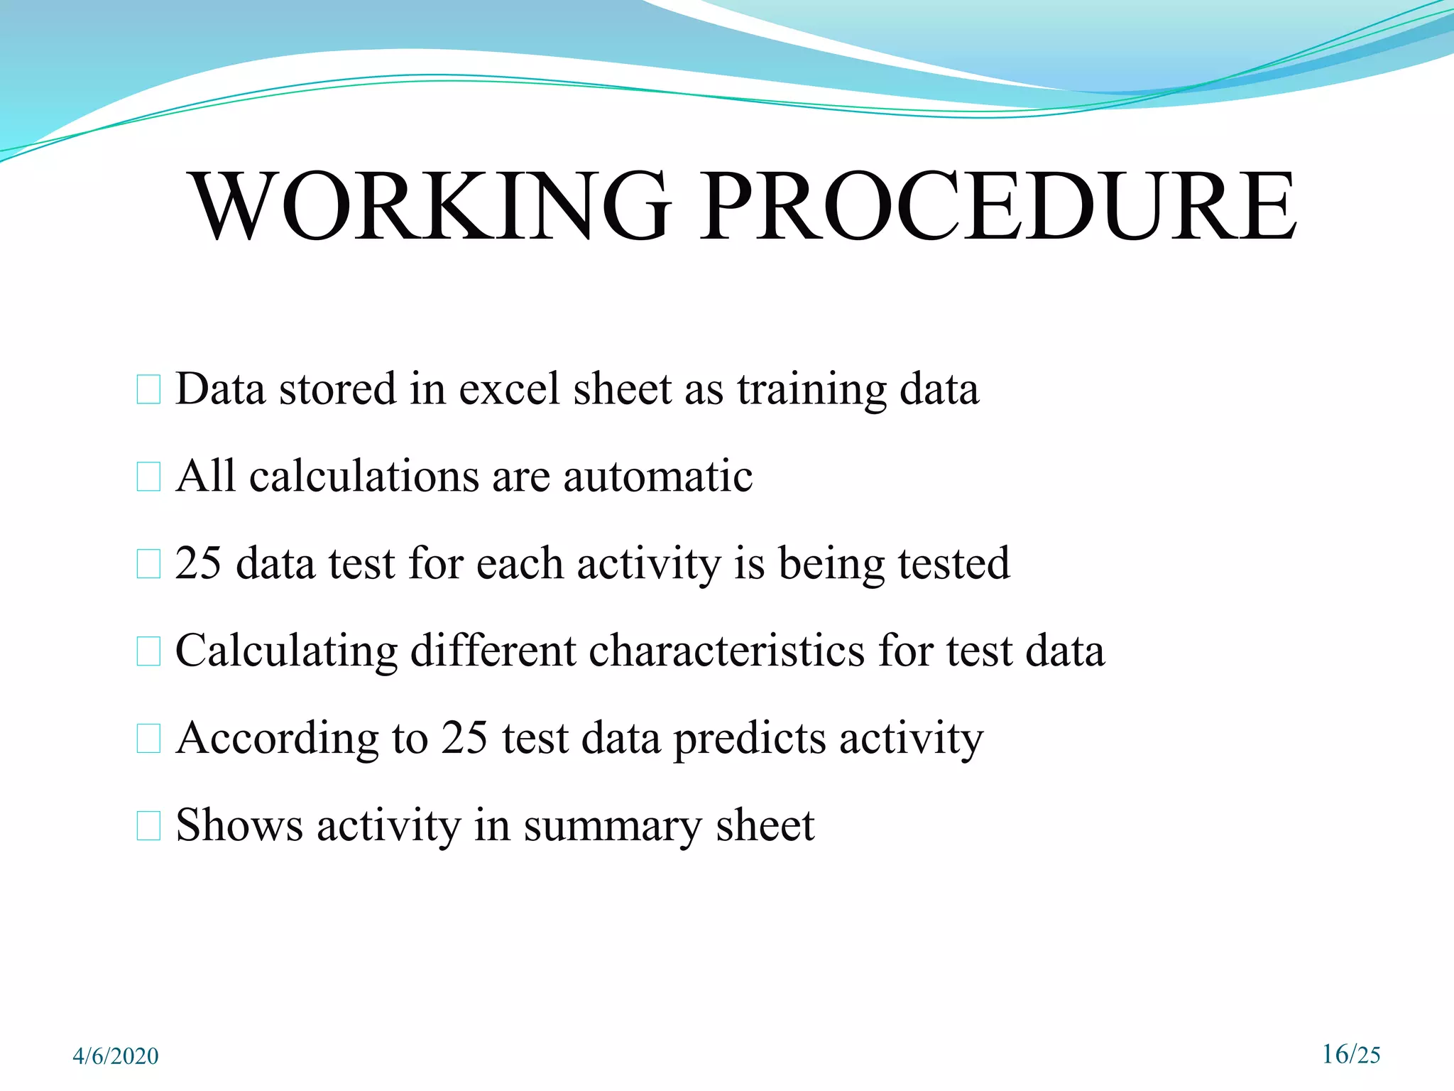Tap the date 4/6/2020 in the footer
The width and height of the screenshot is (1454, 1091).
[116, 1056]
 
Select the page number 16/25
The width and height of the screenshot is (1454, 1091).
[1351, 1054]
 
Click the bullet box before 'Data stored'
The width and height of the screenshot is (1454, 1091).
[148, 390]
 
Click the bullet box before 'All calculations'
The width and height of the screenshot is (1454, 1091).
[148, 477]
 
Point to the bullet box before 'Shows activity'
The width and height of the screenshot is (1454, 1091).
[148, 826]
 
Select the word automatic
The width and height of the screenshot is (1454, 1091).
[657, 477]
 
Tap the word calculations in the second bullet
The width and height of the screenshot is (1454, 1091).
[364, 477]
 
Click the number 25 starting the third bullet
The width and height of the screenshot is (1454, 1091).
[198, 564]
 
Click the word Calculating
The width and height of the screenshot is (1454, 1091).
[286, 652]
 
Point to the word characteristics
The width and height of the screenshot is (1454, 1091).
[726, 651]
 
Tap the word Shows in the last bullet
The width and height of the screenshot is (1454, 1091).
[239, 826]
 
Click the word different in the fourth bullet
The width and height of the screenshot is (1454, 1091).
[493, 651]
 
